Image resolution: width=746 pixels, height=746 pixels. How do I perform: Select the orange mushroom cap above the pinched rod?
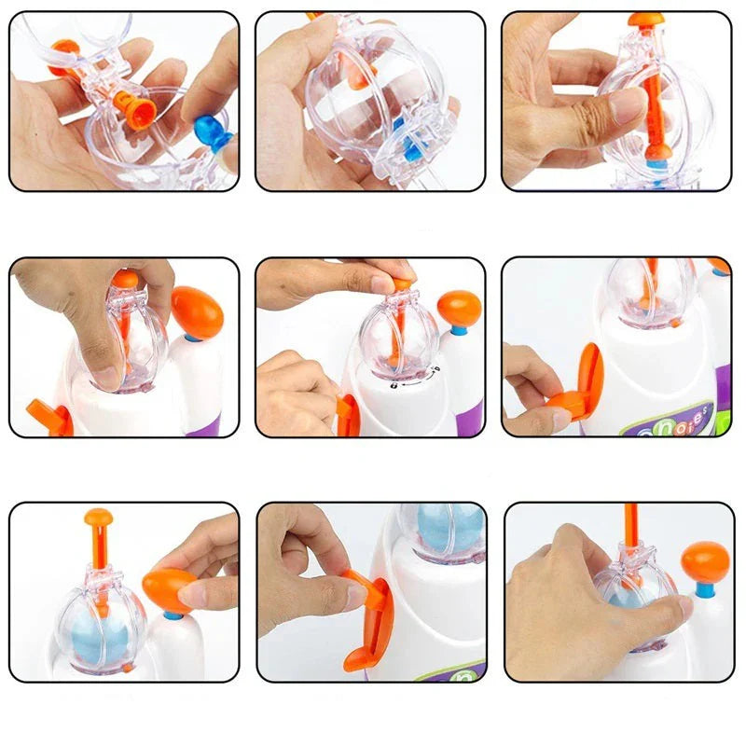[x=645, y=19]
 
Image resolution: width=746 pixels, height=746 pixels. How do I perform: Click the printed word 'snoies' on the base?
[x=685, y=418]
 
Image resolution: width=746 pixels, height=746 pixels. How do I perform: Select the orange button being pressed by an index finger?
[x=168, y=587]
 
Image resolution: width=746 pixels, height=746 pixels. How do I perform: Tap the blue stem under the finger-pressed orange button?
[x=173, y=615]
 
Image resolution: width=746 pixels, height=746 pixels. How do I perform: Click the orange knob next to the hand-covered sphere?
[x=705, y=562]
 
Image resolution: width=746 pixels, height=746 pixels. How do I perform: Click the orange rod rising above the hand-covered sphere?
[x=631, y=527]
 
